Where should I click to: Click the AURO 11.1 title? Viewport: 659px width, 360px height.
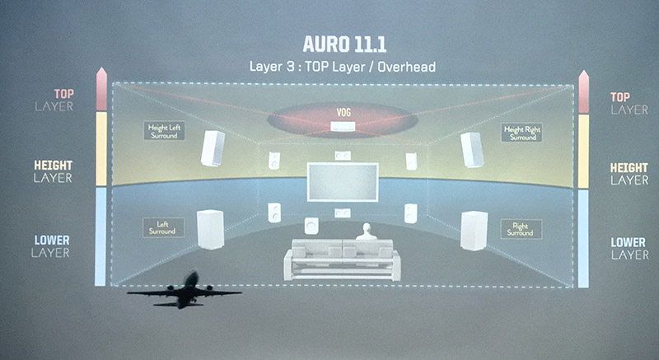[x=344, y=44]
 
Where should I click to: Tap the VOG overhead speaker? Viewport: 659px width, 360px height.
[x=343, y=126]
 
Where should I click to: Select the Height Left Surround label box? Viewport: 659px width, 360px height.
[x=164, y=131]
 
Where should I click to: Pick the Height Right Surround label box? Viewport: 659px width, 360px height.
[x=522, y=133]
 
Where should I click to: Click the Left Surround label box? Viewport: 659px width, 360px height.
[x=163, y=227]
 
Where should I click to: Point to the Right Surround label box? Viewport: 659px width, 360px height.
[x=521, y=229]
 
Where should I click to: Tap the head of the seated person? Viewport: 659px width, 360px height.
[x=367, y=229]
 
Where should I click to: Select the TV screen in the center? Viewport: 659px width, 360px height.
[x=343, y=182]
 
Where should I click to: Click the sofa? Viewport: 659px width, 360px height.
[x=342, y=259]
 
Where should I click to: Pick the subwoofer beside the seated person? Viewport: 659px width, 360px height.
[x=311, y=226]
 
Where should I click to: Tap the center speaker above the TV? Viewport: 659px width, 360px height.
[x=343, y=156]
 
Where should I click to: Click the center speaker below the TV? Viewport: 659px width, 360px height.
[x=343, y=213]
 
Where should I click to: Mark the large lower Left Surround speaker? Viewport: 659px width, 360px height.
[x=210, y=229]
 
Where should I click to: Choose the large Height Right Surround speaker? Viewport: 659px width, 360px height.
[x=472, y=150]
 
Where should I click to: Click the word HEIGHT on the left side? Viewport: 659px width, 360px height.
[x=54, y=165]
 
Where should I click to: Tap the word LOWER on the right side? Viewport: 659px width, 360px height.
[x=628, y=242]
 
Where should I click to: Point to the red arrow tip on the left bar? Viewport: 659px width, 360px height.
[x=101, y=68]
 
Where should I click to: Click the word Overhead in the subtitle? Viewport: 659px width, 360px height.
[x=406, y=67]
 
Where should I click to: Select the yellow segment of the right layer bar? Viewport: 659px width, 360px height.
[x=583, y=152]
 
